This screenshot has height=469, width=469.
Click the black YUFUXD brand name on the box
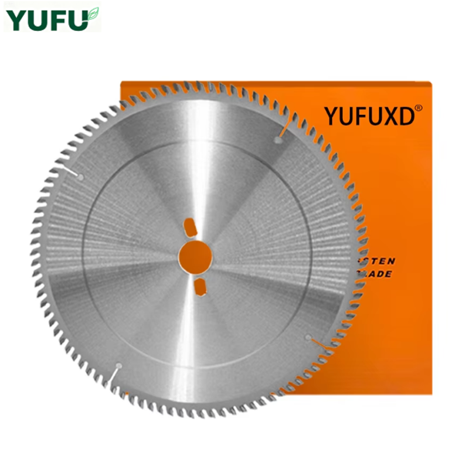coord(369,115)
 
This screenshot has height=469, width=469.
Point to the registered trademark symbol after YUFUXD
coord(419,108)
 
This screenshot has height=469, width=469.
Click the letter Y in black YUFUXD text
coord(332,115)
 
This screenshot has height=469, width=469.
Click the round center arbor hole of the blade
coord(195,256)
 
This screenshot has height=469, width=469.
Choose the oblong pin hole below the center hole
coord(199,287)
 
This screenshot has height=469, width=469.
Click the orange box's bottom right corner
coord(431,393)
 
